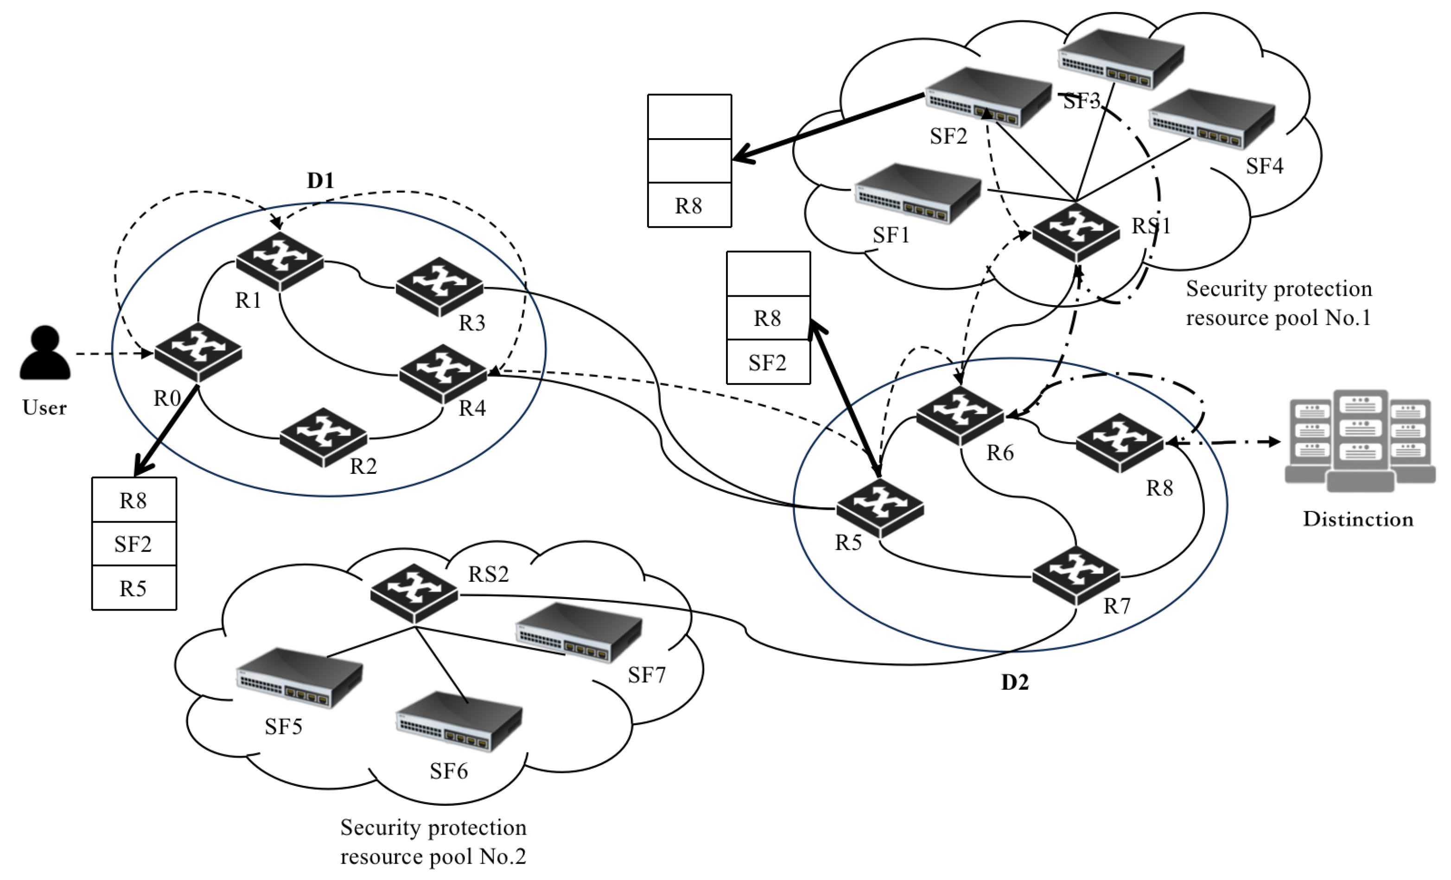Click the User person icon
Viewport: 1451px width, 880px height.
pos(45,352)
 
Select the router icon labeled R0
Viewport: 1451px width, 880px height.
pos(198,351)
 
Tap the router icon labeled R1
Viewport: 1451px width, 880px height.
pos(280,261)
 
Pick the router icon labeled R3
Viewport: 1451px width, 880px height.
pos(439,286)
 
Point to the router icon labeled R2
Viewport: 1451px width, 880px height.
pos(323,437)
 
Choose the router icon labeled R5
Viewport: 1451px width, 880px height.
pos(880,508)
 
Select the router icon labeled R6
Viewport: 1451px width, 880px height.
pos(960,416)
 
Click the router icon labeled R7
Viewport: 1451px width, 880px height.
pos(1076,575)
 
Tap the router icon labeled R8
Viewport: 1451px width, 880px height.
pos(1120,442)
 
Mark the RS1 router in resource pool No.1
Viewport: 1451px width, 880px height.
pos(1076,231)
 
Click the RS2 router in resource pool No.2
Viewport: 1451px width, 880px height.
pos(414,593)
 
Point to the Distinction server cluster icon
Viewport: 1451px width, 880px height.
pos(1360,440)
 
